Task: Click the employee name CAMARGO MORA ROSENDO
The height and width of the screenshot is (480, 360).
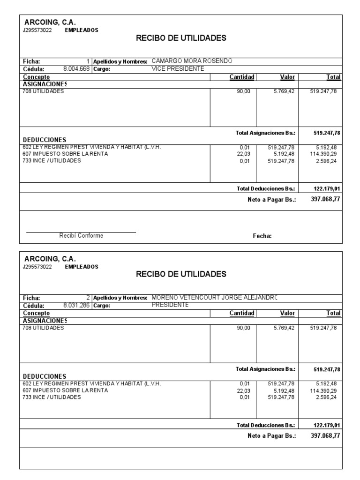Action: coord(192,61)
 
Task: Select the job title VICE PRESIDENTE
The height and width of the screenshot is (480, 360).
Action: coord(178,68)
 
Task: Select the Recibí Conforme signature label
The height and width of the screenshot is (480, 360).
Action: coord(81,236)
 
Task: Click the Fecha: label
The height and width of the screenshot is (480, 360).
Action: coord(262,236)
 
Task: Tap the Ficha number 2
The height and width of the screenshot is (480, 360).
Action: coord(88,298)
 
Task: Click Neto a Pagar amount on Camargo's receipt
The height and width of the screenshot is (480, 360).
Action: coord(325,199)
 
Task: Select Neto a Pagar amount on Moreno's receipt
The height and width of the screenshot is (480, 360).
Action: coord(325,435)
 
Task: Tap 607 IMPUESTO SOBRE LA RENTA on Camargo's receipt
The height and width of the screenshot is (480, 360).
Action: coord(65,154)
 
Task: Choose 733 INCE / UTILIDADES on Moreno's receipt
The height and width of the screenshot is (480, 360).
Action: coord(52,397)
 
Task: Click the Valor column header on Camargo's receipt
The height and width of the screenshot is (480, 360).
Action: coord(287,77)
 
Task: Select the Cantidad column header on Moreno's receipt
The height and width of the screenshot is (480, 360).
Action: coord(241,313)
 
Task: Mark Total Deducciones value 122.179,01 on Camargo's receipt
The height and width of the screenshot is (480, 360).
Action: coord(326,188)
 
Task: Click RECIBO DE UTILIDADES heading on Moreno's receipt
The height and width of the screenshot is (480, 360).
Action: coord(181,274)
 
